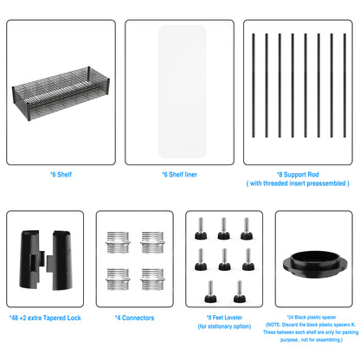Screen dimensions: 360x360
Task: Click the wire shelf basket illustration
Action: coord(61,93)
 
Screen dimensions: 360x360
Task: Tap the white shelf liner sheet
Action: coord(182,92)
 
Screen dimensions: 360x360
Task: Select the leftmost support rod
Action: coord(254,86)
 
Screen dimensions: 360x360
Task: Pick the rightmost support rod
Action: coord(344,86)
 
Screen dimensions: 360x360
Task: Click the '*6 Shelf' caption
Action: coord(61,174)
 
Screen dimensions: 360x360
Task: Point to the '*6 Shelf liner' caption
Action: coord(179,174)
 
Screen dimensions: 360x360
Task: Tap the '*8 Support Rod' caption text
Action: coord(298,174)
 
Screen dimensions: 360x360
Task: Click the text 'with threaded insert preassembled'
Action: coord(298,183)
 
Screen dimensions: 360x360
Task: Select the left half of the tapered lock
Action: coord(32,260)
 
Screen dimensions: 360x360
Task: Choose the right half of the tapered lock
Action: coord(60,260)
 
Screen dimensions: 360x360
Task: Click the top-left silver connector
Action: coord(118,242)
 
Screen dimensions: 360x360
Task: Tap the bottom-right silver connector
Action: coord(152,279)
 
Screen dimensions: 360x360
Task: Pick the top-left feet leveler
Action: coord(201,228)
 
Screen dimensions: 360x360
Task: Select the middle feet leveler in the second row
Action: coord(224,260)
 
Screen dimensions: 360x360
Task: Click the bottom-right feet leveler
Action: coord(240,292)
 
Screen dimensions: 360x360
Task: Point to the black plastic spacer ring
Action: coord(315,264)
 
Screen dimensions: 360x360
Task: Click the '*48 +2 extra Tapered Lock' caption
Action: coord(45,318)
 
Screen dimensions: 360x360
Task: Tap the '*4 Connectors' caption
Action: coord(135,318)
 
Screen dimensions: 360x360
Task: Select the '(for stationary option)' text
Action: coord(224,326)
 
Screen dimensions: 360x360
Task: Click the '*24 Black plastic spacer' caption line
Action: coord(312,317)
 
